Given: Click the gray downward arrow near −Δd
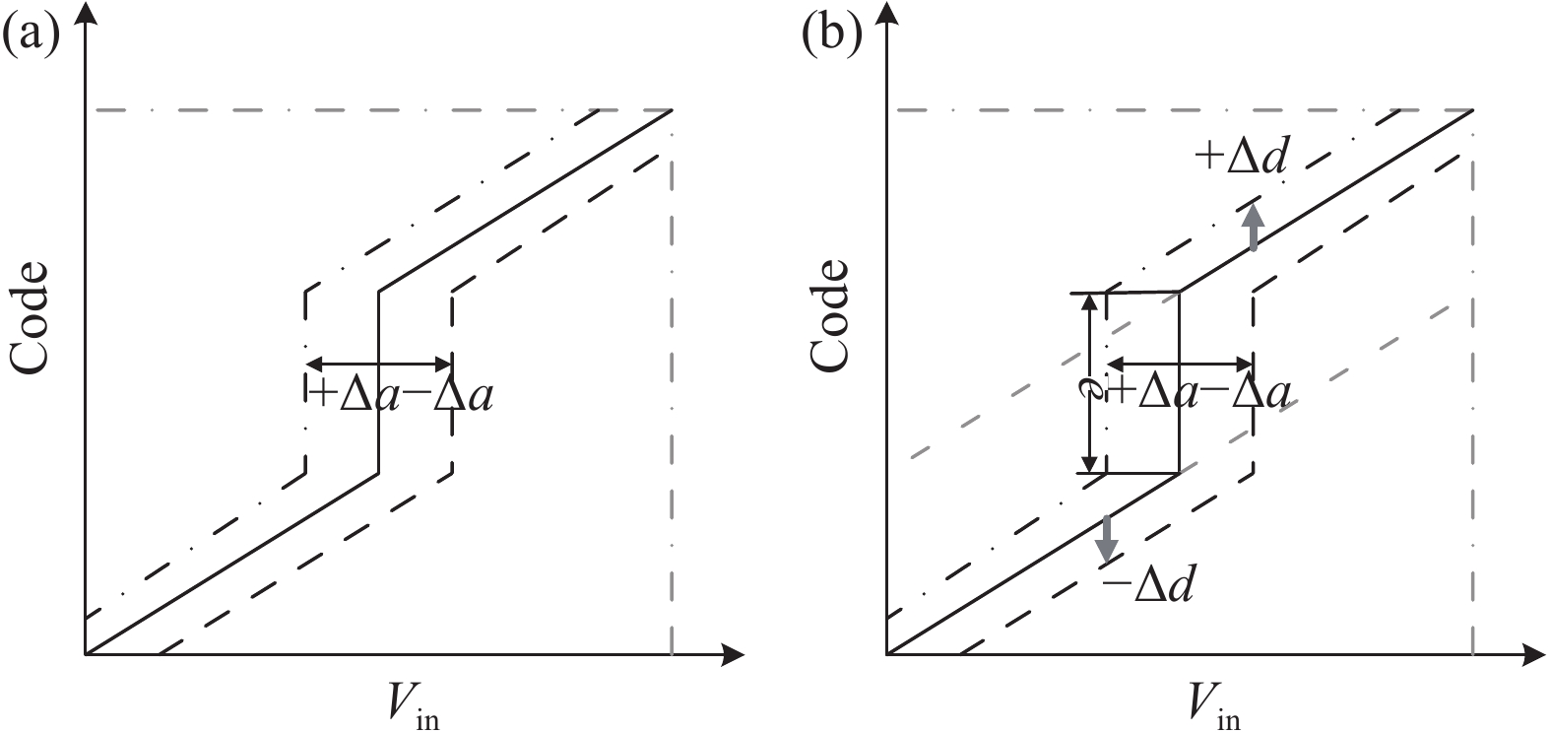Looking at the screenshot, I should [x=1108, y=537].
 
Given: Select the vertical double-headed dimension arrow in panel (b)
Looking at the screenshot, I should [x=1088, y=382].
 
